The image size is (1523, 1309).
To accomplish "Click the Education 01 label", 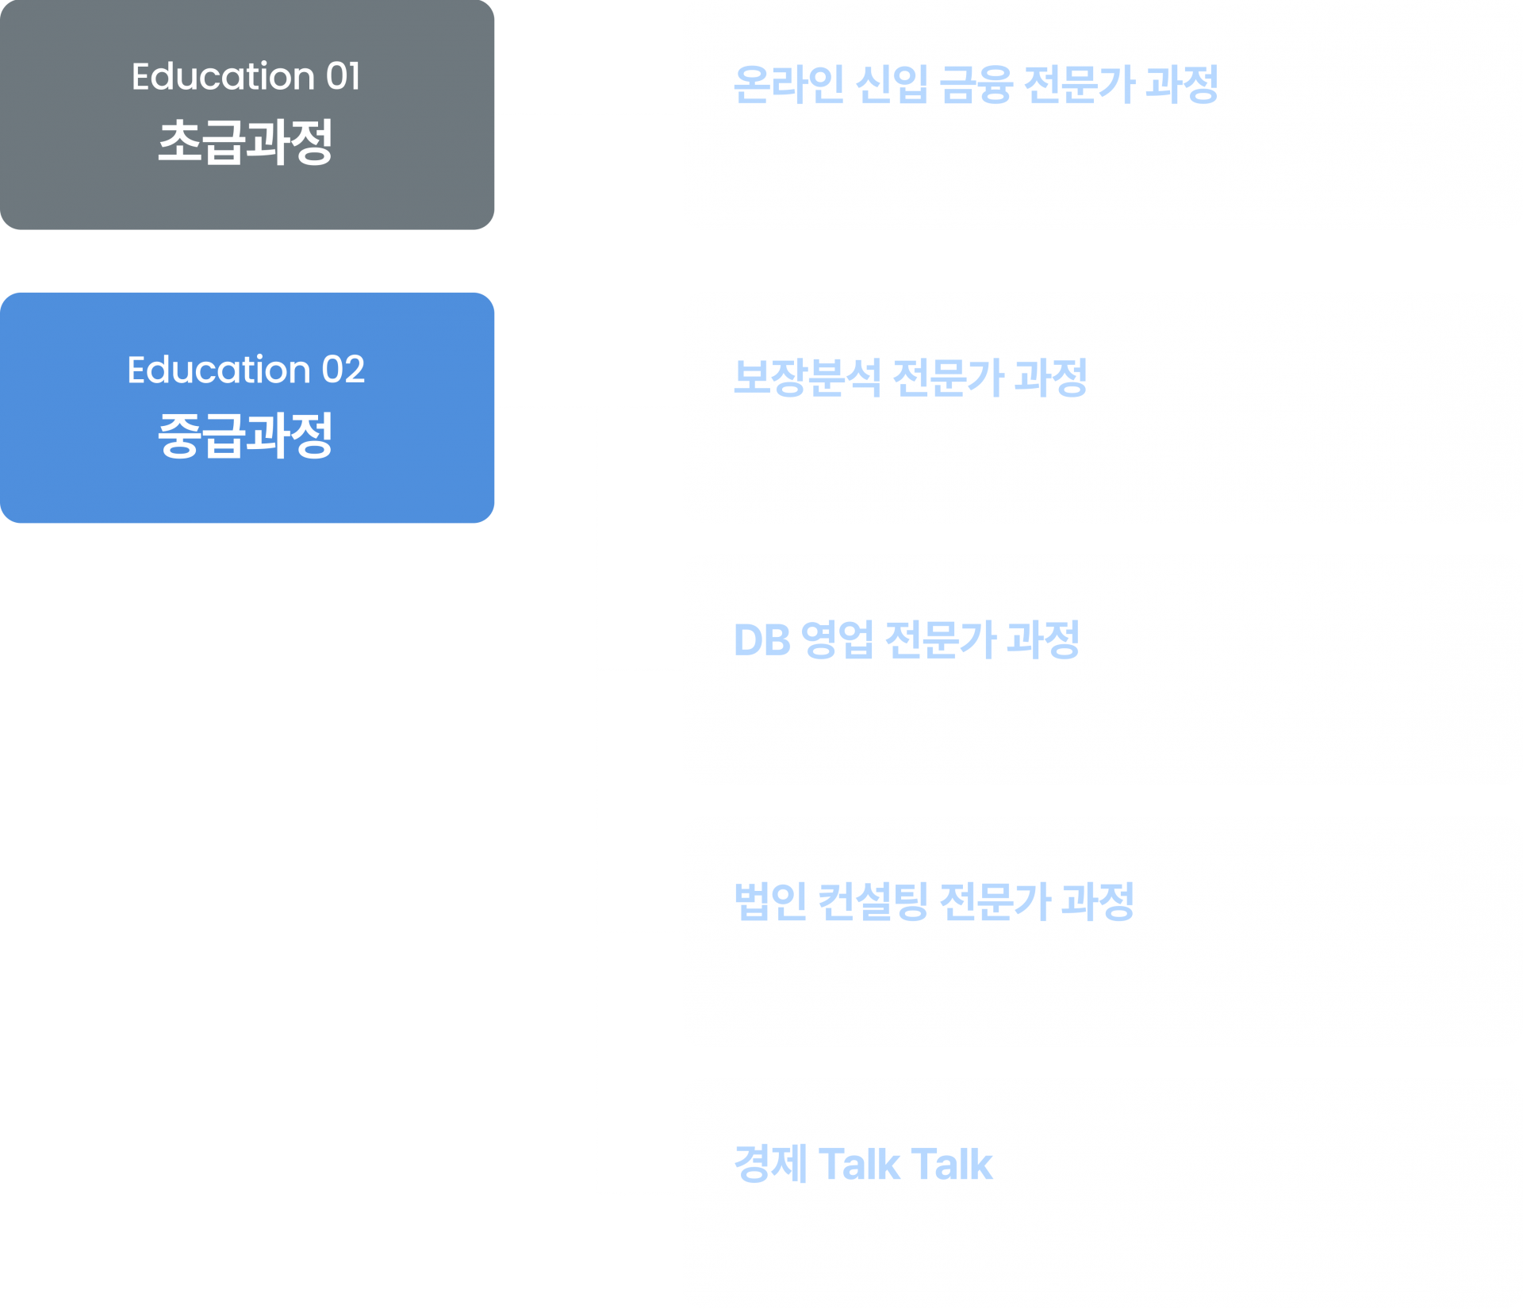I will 246,77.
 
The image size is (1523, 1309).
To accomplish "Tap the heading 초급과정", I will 246,143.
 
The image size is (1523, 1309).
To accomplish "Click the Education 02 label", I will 246,370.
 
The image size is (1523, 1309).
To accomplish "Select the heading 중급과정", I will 246,436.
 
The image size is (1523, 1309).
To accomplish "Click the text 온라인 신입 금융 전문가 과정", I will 976,84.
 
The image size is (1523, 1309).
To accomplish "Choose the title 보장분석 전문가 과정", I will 910,378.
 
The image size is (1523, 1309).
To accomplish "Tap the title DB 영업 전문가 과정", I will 906,639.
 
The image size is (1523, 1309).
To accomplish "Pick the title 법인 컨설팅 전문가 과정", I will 934,902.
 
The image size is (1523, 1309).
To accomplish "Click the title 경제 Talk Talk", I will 863,1164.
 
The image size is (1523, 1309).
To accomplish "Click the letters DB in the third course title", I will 761,640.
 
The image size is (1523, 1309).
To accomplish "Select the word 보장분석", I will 807,378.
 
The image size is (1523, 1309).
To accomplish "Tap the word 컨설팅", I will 872,902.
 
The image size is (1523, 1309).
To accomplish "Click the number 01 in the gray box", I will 343,77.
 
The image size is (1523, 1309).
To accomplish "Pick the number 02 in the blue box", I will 343,370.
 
